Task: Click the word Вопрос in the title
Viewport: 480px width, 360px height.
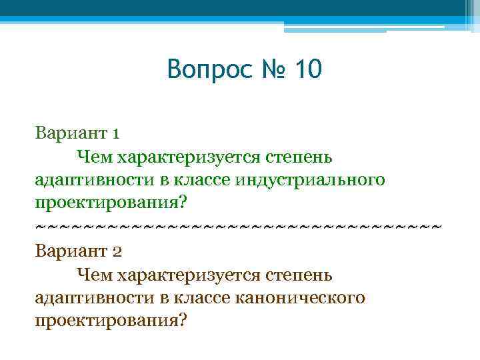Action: coord(208,69)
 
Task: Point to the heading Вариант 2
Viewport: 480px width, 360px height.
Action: coord(77,251)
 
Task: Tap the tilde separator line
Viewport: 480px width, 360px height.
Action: coord(238,227)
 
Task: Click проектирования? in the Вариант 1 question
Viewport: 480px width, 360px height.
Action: coord(110,201)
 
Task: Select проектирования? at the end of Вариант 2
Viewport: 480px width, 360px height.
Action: coord(110,319)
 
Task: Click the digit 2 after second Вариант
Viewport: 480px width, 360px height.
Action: coord(115,251)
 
